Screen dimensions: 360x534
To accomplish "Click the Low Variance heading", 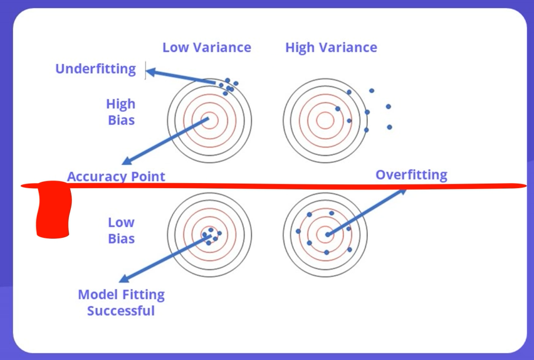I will click(206, 48).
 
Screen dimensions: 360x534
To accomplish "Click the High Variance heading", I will click(331, 48).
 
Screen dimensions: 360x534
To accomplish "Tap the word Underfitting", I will click(95, 69).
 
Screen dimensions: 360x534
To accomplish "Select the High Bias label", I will click(121, 112).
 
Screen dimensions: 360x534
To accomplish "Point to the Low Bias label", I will click(121, 230).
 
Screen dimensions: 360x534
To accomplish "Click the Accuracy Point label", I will click(116, 176).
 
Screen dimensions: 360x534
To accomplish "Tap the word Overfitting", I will click(411, 175).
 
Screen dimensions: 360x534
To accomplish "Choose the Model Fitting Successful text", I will click(121, 302).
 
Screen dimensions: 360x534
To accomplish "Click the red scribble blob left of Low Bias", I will click(53, 210).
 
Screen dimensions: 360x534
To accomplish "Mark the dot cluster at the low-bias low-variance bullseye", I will click(210, 236).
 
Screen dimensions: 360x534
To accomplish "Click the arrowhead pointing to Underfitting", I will click(150, 71).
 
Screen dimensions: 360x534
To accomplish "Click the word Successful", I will click(121, 310).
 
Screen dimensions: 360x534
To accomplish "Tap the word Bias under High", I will click(121, 120).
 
